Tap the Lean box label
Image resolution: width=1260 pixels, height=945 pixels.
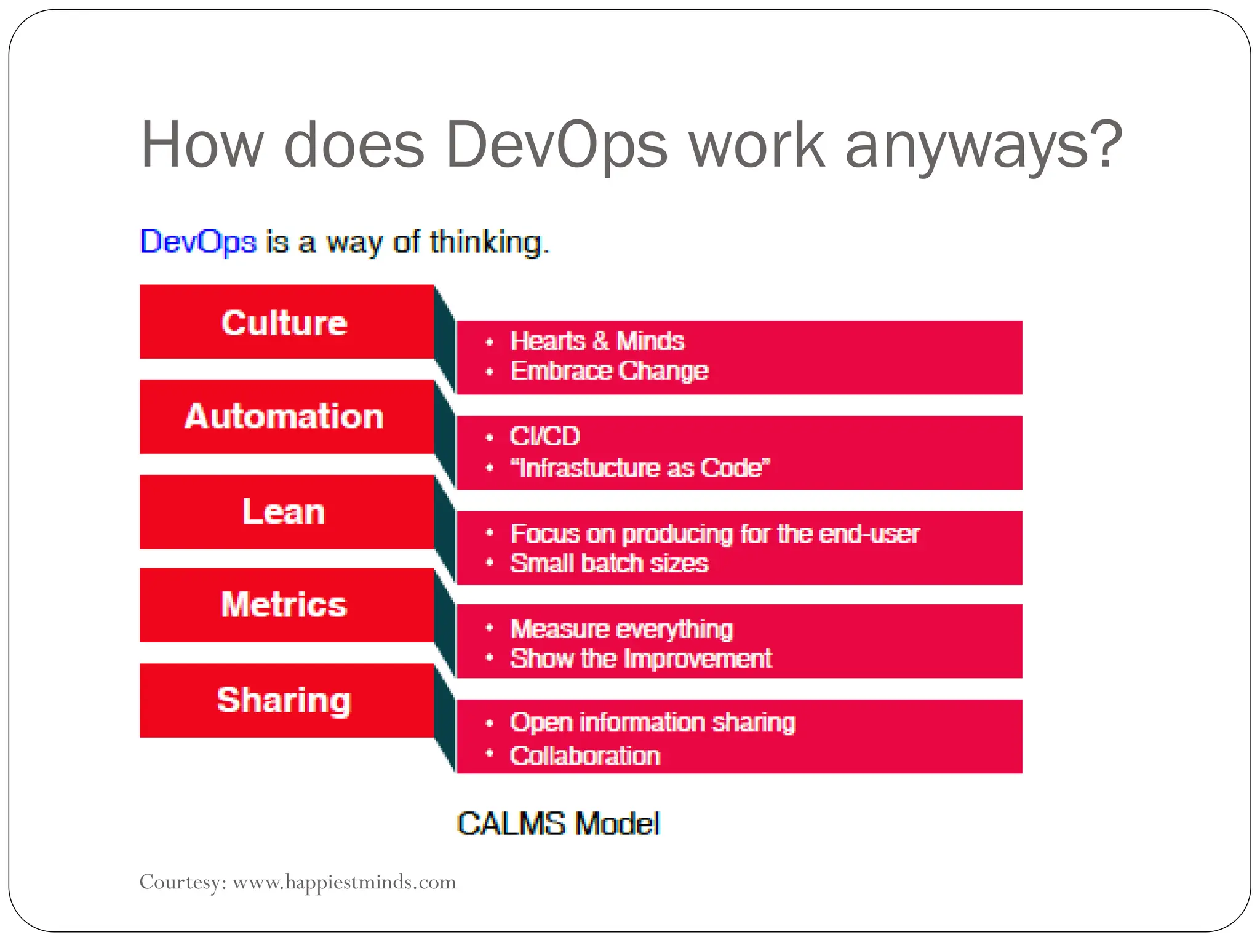pos(284,512)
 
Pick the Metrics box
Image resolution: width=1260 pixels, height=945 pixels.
pos(284,605)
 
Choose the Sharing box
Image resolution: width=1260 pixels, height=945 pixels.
pos(284,700)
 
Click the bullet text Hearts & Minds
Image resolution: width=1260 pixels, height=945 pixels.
pos(597,341)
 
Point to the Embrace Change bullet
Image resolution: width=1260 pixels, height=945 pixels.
pos(609,371)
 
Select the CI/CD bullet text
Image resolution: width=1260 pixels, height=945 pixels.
pos(545,436)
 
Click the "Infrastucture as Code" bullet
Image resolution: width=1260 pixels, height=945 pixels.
pos(640,468)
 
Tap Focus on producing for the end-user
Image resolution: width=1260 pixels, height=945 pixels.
pos(715,534)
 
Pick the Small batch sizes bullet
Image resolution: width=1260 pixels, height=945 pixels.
pos(609,564)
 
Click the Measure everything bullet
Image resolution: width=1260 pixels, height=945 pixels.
pos(621,629)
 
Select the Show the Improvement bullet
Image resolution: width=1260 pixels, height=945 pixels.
pos(641,659)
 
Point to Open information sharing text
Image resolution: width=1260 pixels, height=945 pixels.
pos(652,722)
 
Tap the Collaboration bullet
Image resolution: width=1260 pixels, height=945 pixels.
pos(584,756)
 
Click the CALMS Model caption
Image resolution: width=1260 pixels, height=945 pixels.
pos(558,824)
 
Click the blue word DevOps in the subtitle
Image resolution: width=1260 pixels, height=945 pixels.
pos(198,242)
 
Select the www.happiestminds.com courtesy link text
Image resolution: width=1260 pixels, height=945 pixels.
pos(344,882)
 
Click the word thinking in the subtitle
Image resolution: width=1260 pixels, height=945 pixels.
pos(486,242)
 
